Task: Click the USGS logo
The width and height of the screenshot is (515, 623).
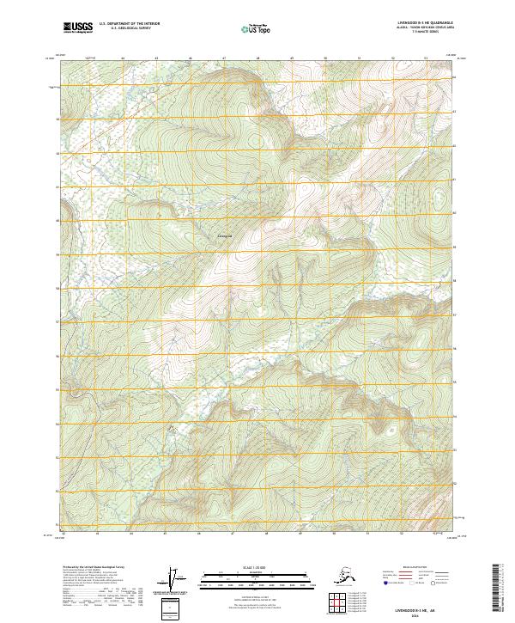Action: [77, 28]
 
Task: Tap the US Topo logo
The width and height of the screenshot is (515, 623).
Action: [257, 29]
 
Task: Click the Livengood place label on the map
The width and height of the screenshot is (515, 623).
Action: [224, 236]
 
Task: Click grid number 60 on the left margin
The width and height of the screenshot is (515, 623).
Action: [58, 221]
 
